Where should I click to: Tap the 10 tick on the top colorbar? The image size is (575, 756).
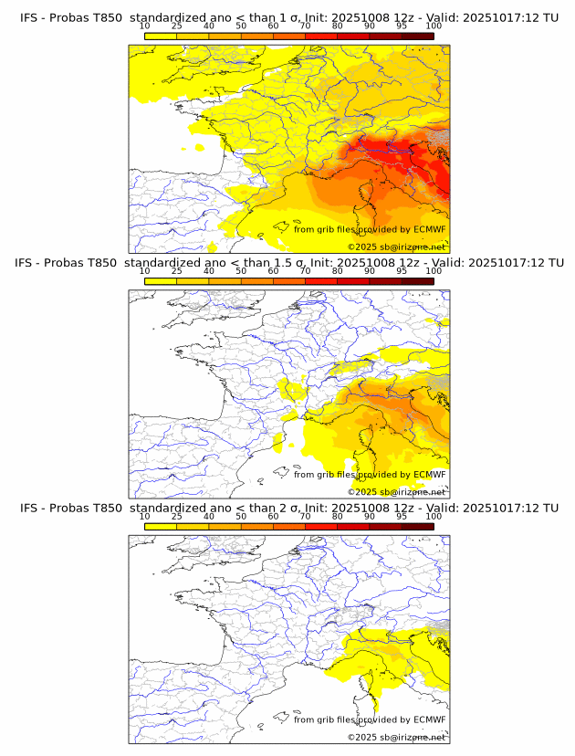pyautogui.click(x=145, y=26)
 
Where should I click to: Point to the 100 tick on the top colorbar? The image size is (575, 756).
pyautogui.click(x=434, y=26)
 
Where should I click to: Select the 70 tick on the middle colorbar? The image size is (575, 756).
pyautogui.click(x=305, y=271)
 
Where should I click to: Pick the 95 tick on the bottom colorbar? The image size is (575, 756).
pyautogui.click(x=402, y=517)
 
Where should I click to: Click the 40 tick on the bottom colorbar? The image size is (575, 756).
pyautogui.click(x=209, y=517)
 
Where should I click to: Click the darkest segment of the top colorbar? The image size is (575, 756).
pyautogui.click(x=417, y=36)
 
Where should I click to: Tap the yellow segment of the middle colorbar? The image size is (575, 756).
pyautogui.click(x=161, y=281)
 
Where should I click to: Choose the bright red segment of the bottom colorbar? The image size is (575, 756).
pyautogui.click(x=353, y=527)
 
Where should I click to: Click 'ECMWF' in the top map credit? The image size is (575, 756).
pyautogui.click(x=429, y=229)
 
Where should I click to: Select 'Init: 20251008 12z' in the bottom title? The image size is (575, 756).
pyautogui.click(x=357, y=508)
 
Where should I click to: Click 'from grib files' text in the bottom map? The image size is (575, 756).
pyautogui.click(x=325, y=720)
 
